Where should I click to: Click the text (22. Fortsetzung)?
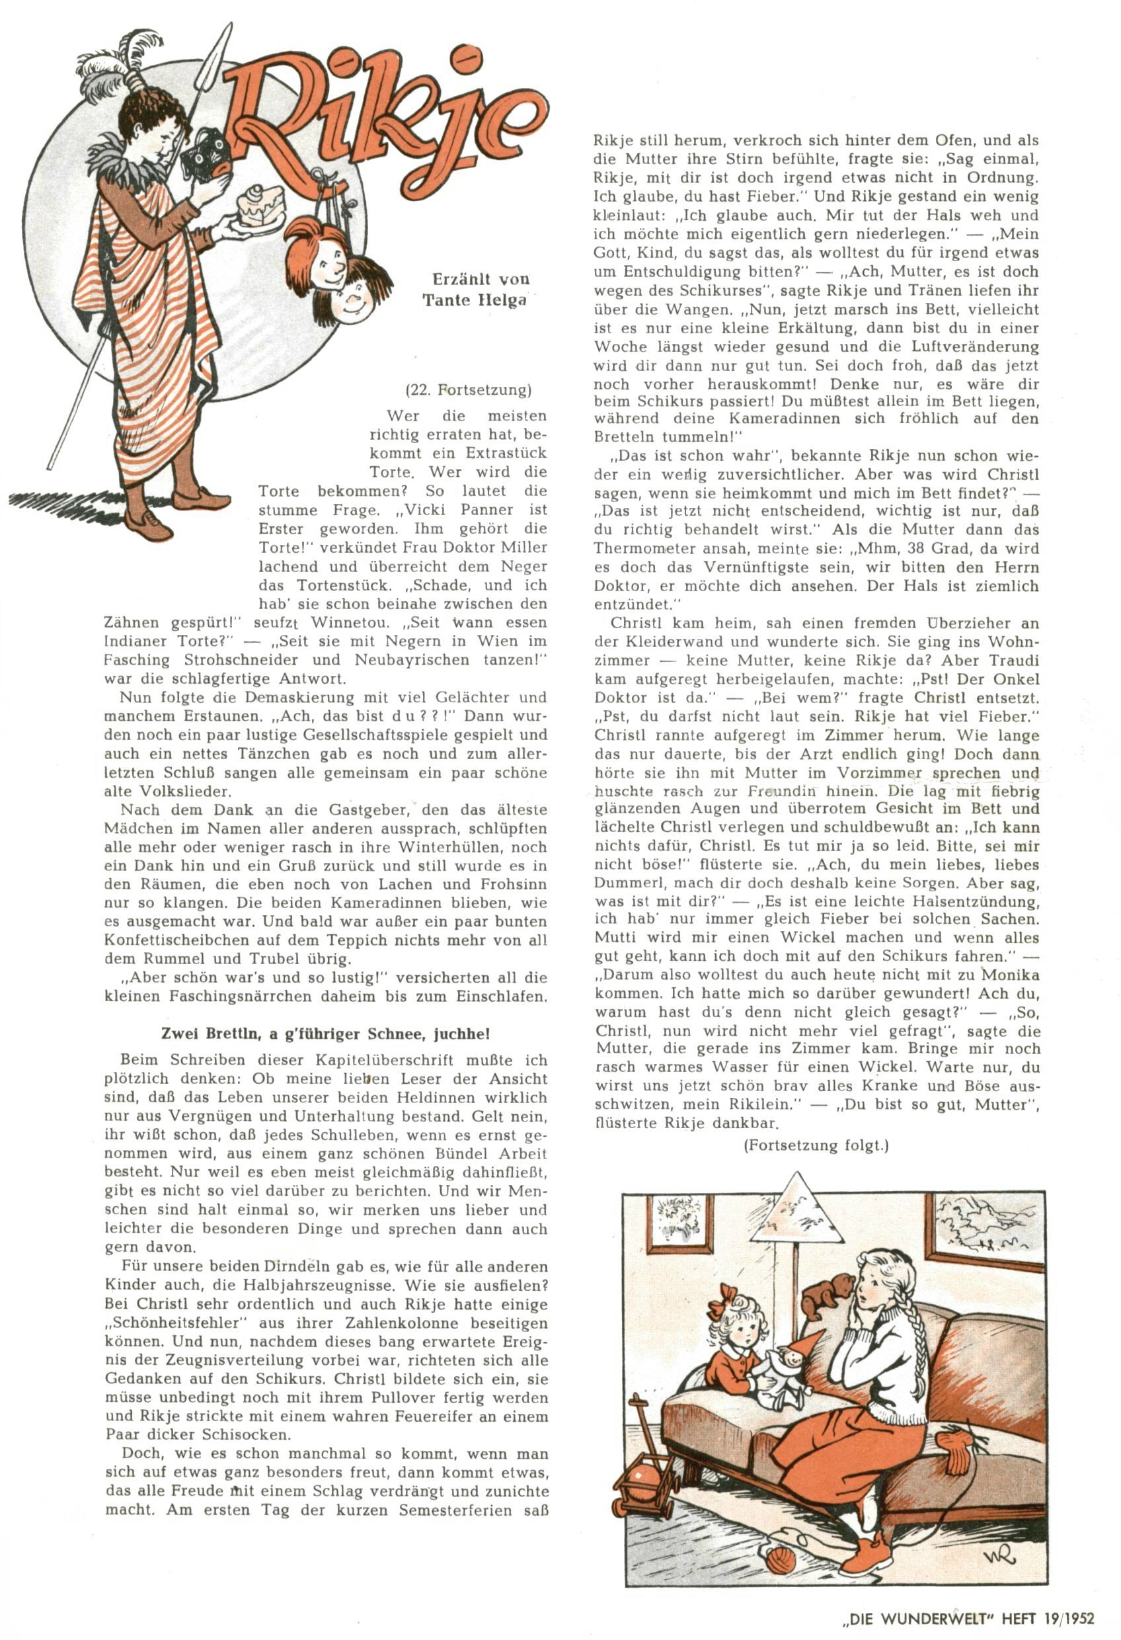coord(468,389)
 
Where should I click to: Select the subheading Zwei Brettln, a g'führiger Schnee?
coord(325,1034)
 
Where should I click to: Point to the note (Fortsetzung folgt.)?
coord(816,1145)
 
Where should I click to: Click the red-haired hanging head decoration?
coord(317,251)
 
